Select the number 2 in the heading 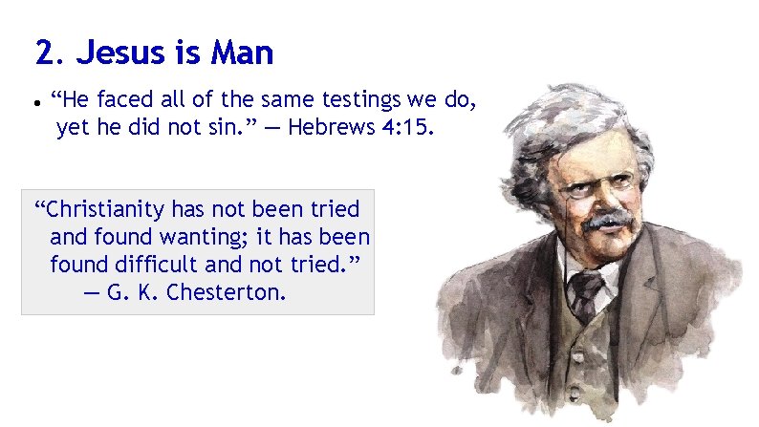(x=41, y=53)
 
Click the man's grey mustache (x=608, y=223)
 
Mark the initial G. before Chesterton (x=116, y=291)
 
